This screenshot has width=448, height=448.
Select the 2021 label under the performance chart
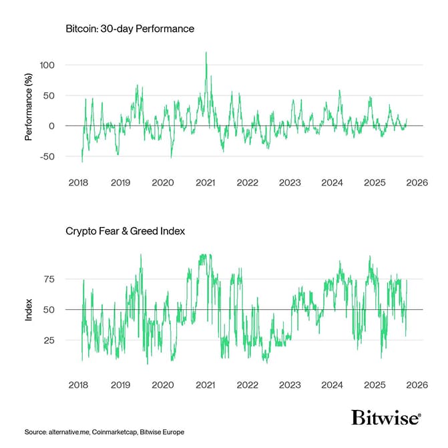tap(205, 182)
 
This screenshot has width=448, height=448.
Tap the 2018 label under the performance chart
tap(78, 182)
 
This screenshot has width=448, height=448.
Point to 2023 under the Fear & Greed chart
tap(290, 385)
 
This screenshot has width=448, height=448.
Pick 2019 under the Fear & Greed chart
tap(120, 385)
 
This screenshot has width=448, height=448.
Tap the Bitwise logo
tap(386, 419)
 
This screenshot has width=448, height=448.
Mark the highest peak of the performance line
tap(206, 53)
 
